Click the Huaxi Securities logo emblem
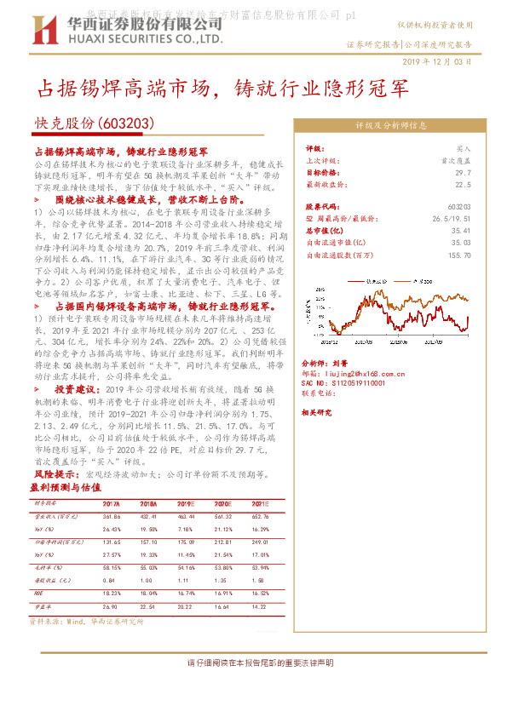pos(50,33)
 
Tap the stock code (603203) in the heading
pos(125,123)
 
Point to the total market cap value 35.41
pos(461,229)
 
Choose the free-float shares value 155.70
pos(459,253)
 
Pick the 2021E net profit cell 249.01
pos(259,541)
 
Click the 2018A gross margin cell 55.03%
pos(148,565)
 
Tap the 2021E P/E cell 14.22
pos(259,607)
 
